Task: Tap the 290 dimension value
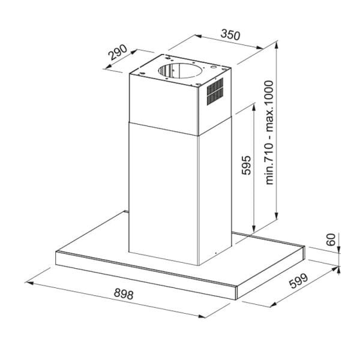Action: click(x=118, y=55)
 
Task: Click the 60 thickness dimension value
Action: click(x=330, y=241)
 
